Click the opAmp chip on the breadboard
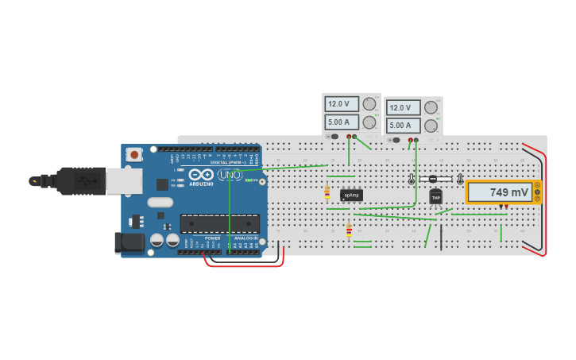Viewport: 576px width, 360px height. [x=351, y=195]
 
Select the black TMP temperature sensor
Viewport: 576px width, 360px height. [x=435, y=198]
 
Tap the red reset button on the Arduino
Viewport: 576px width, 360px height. [x=134, y=155]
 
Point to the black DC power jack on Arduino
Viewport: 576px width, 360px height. [x=129, y=242]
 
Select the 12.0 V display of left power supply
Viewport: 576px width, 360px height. [x=341, y=103]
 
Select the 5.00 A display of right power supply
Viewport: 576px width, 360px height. [x=403, y=126]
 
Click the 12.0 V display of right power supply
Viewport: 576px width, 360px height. [x=403, y=107]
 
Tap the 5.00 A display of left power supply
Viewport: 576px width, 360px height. [x=341, y=122]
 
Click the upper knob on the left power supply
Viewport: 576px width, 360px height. [x=369, y=103]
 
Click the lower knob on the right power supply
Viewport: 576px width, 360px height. [x=431, y=126]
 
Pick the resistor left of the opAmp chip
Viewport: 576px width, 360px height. [x=327, y=192]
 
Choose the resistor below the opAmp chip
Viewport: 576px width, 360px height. [x=349, y=230]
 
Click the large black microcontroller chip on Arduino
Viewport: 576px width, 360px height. [x=219, y=223]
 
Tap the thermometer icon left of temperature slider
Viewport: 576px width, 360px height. [x=412, y=180]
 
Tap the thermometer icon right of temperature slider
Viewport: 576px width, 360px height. [x=460, y=180]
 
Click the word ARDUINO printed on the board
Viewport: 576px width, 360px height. [x=201, y=184]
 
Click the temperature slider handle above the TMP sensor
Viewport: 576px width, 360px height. [x=432, y=180]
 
